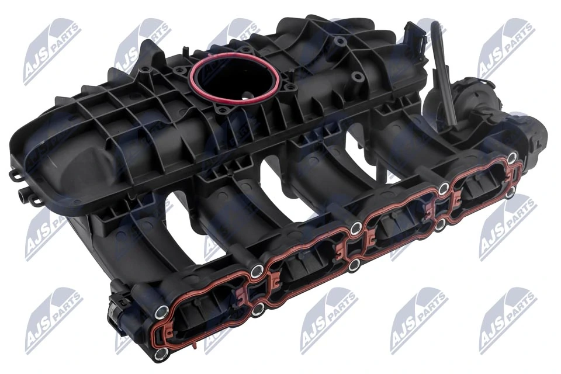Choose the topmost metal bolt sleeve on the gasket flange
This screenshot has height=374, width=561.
coord(512,157)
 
